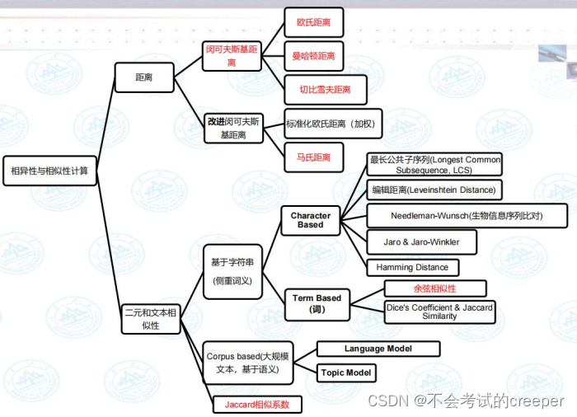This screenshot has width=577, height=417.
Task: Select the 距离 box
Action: [143, 79]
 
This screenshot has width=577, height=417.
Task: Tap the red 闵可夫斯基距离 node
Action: [232, 55]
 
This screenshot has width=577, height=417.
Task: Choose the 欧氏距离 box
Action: [313, 22]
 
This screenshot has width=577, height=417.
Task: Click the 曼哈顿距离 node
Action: [313, 56]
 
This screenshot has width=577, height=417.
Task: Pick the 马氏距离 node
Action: [313, 157]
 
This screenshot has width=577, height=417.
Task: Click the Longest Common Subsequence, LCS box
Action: [434, 165]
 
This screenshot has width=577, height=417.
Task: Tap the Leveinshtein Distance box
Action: [434, 190]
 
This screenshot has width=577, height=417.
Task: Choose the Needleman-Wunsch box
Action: [467, 216]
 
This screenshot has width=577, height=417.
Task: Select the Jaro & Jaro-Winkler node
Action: [421, 242]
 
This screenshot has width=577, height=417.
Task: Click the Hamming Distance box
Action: [412, 267]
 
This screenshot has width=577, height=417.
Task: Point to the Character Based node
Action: [311, 220]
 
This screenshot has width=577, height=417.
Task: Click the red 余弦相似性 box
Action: [434, 288]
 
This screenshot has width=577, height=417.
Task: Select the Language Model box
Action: [378, 349]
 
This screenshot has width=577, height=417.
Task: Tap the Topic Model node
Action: [346, 372]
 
